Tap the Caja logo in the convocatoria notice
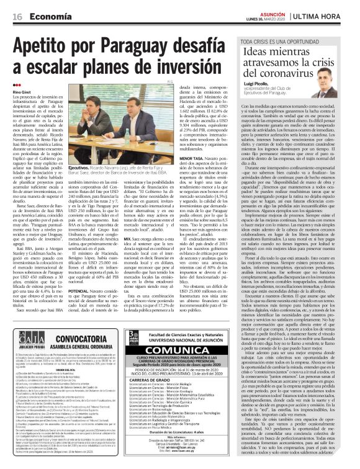pos(25,338)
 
